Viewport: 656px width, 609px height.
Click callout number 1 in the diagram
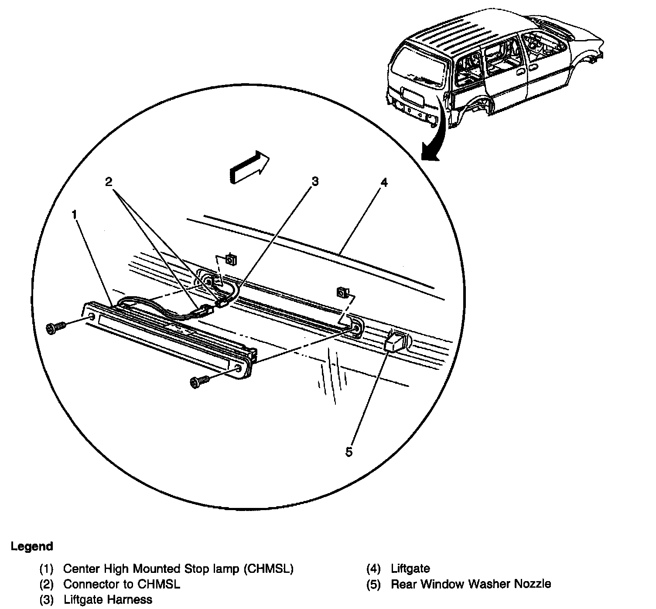(75, 214)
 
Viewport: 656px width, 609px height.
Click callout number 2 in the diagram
(109, 181)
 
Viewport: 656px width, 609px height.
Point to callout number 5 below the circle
(349, 452)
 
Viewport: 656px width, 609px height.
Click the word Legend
(32, 546)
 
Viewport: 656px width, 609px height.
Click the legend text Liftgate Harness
(108, 599)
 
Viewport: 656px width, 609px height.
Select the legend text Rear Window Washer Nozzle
(471, 584)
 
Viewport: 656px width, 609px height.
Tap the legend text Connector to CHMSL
(122, 584)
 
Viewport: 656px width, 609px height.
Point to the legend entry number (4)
(374, 568)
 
